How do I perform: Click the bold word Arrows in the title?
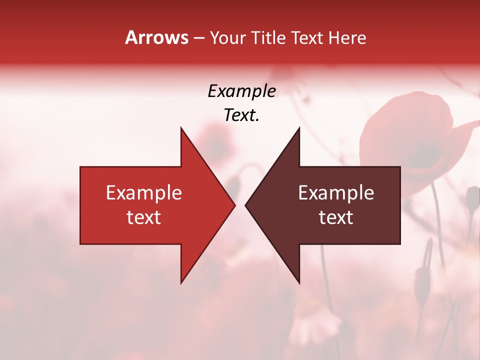156,37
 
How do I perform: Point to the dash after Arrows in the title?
198,38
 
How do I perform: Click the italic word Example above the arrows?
241,91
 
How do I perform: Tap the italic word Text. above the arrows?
241,115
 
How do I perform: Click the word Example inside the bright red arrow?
143,193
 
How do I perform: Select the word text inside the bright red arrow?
143,217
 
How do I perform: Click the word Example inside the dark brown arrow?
336,193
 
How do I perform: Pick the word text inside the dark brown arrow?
336,217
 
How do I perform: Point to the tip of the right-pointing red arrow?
234,205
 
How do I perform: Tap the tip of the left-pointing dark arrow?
245,205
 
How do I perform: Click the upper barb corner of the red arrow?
181,128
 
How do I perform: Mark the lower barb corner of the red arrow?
181,283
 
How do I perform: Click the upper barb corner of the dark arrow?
299,128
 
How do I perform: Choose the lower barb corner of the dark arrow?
299,283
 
